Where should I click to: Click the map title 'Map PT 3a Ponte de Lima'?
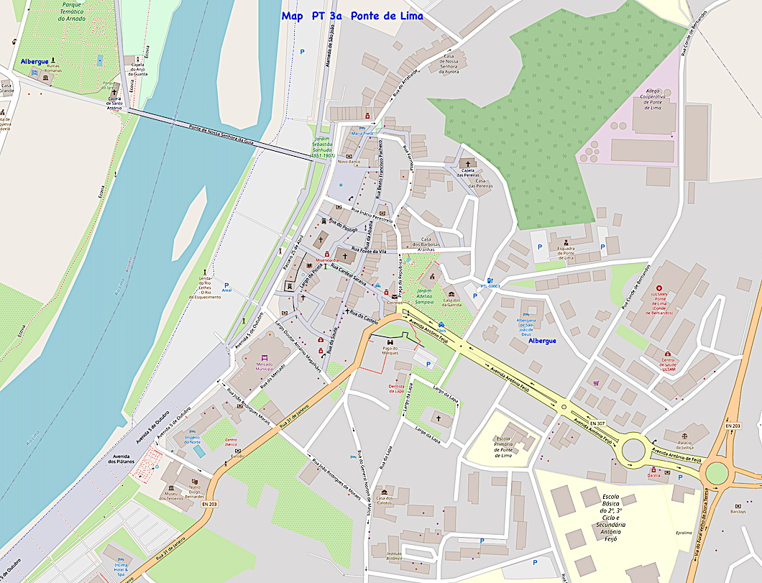352,16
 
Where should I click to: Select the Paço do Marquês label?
390,350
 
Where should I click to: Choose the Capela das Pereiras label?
468,173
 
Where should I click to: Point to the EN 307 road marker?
597,423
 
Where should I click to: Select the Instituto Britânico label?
383,555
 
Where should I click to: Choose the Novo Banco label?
348,162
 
